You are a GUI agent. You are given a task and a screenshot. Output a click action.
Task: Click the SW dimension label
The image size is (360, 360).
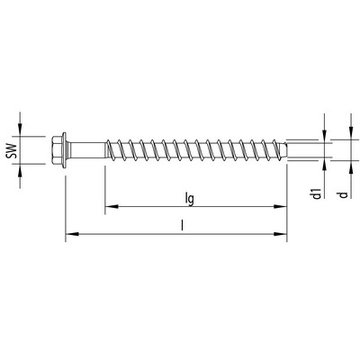point(11,150)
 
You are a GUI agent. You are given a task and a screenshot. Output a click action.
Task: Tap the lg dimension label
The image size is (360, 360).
point(190,199)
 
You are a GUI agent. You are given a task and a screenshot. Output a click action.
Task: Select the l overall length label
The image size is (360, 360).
point(182,225)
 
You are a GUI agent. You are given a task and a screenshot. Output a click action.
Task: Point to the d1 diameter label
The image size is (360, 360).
point(317,193)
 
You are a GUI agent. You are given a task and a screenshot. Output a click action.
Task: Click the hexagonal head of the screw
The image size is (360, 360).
point(57,149)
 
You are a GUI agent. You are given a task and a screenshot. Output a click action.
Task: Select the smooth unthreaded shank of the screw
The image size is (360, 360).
point(87,149)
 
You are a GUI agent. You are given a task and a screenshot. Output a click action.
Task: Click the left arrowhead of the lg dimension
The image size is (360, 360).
point(112,207)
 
